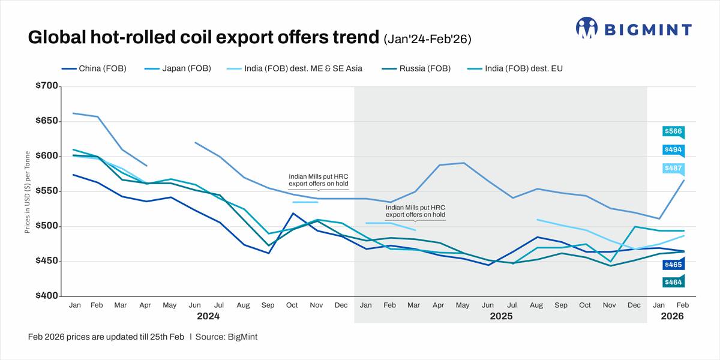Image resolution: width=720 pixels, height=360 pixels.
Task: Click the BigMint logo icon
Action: [x=587, y=28]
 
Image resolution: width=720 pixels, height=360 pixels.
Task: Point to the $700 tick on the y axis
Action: [x=46, y=86]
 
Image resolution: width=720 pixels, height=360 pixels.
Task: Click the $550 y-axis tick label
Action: [x=46, y=191]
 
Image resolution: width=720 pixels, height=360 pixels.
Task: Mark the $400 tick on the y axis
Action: [x=46, y=296]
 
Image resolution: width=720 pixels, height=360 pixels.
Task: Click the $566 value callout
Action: [x=673, y=131]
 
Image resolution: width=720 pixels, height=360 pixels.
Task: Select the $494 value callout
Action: [x=673, y=150]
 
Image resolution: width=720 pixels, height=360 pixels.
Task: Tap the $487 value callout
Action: [x=673, y=169]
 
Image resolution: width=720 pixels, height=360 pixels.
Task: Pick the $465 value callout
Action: [x=673, y=264]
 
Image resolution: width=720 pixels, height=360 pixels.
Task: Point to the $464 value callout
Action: [x=673, y=282]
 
